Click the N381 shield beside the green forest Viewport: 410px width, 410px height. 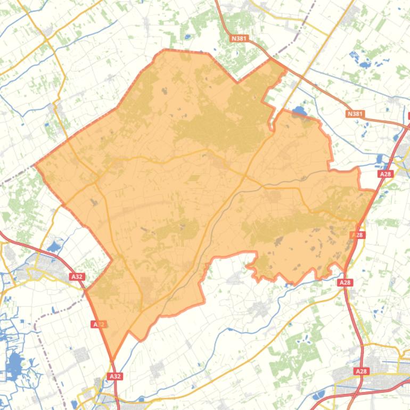[x=240, y=38]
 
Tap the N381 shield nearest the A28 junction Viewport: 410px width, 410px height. [x=355, y=114]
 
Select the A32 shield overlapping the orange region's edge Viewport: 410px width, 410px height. [x=99, y=324]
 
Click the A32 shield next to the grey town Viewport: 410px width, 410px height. [x=77, y=276]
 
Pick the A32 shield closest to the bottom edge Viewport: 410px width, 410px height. [x=115, y=376]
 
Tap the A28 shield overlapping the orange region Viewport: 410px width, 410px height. [x=358, y=234]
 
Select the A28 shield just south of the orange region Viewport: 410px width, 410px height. [x=345, y=283]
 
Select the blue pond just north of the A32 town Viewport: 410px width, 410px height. [x=53, y=247]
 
